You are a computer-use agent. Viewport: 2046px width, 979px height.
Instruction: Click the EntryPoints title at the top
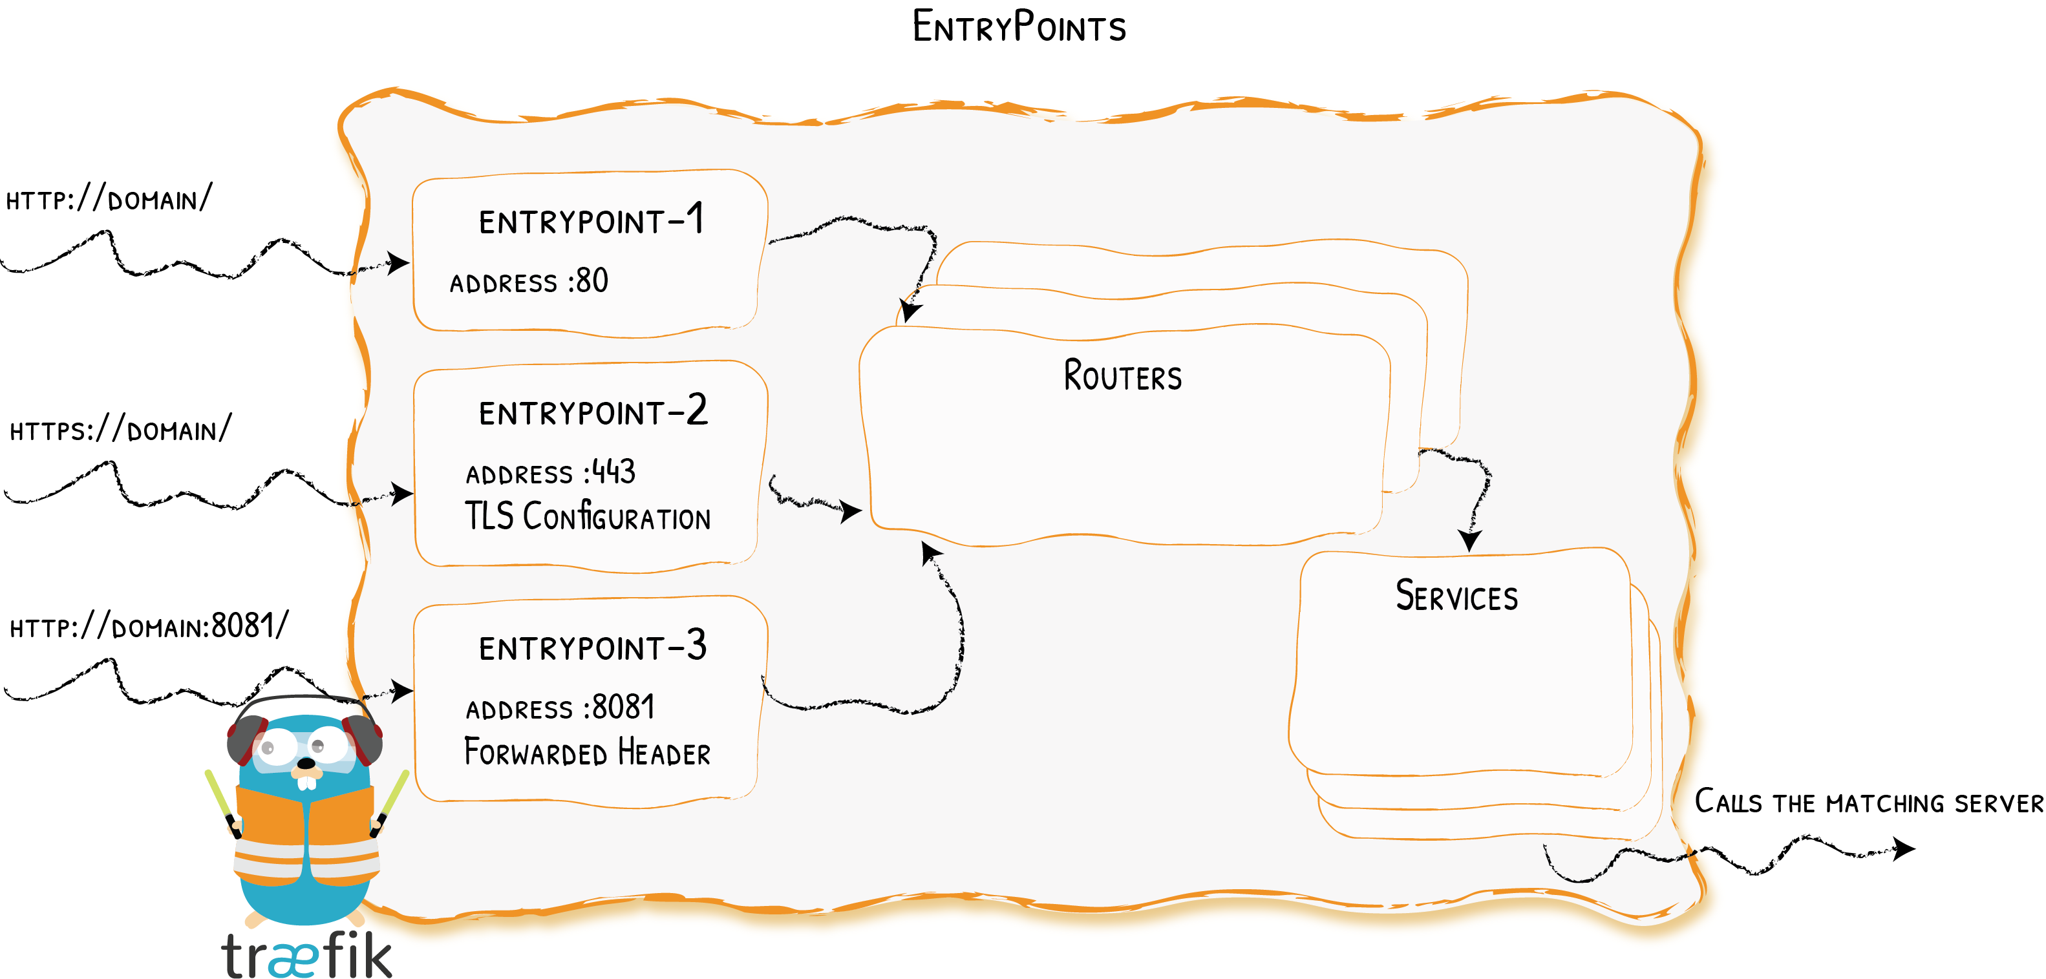(1018, 27)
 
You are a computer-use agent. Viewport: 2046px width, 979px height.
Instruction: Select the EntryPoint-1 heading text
(591, 221)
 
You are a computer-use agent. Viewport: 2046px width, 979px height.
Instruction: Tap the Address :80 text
(529, 282)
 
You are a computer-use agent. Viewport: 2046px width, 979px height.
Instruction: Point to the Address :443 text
(550, 473)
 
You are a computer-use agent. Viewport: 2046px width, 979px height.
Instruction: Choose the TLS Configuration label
(587, 517)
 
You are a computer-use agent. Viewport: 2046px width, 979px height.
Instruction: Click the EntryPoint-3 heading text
(593, 647)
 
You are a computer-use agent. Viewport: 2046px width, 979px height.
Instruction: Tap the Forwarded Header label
(587, 752)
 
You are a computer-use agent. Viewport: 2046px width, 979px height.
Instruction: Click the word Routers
(1122, 376)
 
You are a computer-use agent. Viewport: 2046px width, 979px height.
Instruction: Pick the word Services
(1456, 596)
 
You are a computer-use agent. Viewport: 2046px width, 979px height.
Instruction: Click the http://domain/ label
(109, 199)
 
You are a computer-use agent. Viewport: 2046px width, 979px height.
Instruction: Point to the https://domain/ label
(120, 430)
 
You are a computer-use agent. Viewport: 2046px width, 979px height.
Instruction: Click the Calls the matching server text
(1868, 802)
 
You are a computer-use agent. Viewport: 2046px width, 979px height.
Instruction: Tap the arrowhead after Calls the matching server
(1904, 848)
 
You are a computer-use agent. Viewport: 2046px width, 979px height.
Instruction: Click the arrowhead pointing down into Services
(1469, 542)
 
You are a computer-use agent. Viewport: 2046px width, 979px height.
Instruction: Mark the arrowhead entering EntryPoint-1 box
(398, 263)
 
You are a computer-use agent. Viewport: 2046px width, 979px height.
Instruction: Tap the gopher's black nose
(306, 764)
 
